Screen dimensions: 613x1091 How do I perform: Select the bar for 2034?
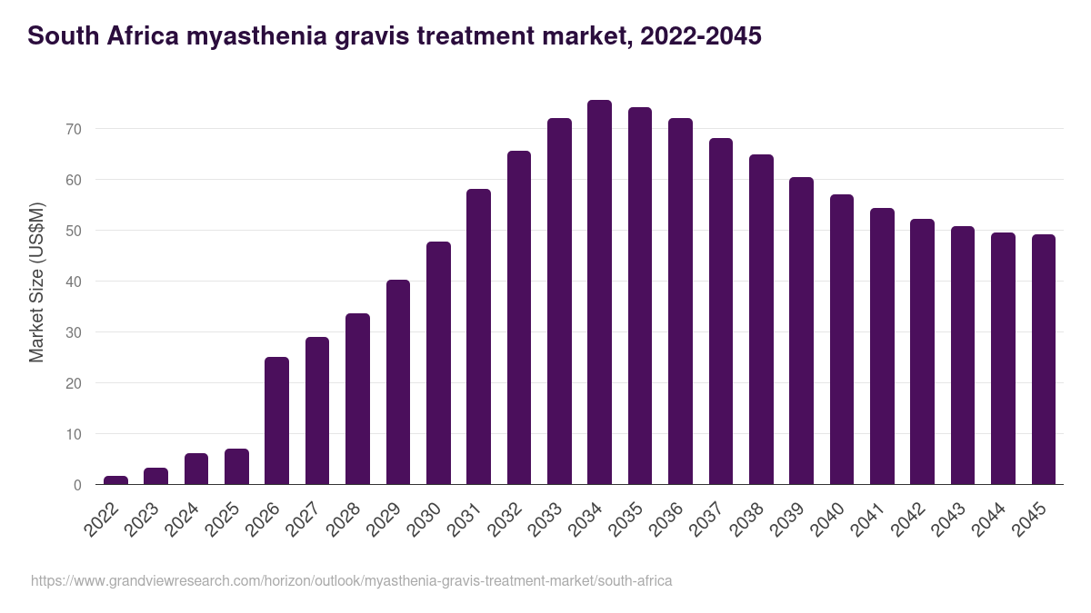coord(599,292)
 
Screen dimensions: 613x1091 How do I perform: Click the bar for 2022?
coord(116,480)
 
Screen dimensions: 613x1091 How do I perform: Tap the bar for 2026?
coord(277,420)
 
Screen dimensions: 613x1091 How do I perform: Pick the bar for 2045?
coord(1043,360)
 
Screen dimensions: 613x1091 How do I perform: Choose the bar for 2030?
coord(438,363)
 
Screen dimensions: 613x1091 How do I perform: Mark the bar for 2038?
coord(761,320)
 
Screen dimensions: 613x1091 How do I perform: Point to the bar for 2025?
coord(237,467)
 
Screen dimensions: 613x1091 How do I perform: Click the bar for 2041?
coord(882,346)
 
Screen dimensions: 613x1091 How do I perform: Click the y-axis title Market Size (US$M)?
coord(36,282)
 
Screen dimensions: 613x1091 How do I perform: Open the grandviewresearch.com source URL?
coord(351,580)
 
